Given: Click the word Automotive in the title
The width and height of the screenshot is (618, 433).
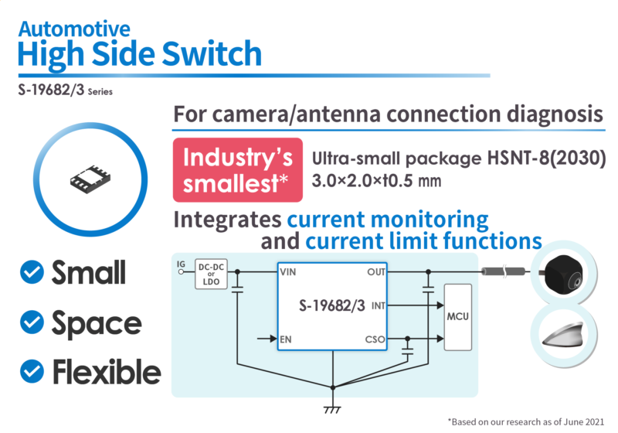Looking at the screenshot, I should pos(73,29).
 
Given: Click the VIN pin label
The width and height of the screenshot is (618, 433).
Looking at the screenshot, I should pos(288,272).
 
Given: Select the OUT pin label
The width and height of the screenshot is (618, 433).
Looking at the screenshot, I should pos(375,272).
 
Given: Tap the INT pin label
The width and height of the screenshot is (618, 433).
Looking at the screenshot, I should pos(378,305).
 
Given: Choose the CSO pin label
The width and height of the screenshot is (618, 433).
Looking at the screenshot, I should pos(375,339).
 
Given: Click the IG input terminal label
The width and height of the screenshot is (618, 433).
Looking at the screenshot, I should pos(181,264).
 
